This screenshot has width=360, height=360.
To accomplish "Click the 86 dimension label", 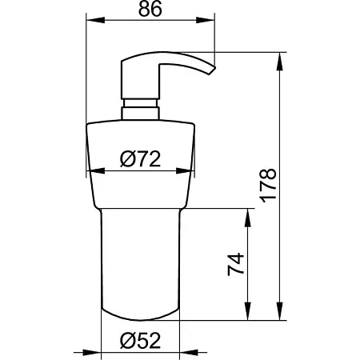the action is point(150,9).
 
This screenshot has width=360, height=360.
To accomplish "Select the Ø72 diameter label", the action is point(140,159).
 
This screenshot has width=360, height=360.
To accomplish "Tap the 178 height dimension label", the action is point(268,186).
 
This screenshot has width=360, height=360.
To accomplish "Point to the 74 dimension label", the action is point(236,264).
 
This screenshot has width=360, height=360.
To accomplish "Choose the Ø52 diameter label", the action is point(140,341).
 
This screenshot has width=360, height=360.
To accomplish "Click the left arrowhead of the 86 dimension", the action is point(95,20).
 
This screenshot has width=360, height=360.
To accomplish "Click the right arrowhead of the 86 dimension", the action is point(206,20).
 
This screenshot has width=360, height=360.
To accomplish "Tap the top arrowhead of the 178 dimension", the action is point(279,62).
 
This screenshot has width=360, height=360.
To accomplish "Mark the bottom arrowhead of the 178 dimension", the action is point(279,311).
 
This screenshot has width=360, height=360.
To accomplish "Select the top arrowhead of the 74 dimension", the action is point(248,218).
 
